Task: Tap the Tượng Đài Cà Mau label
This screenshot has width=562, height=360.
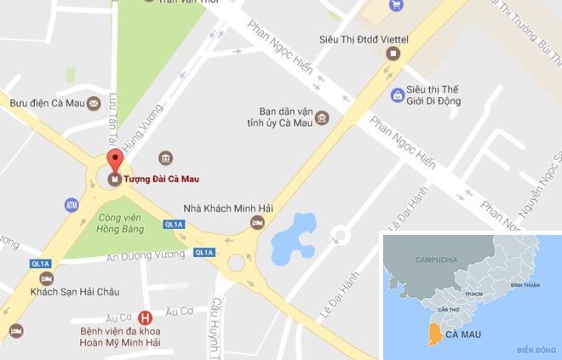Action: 162,180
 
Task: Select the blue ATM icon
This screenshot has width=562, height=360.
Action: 72,205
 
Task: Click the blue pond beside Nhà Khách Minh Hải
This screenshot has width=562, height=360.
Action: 293,238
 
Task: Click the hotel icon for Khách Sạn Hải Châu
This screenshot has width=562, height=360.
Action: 47,278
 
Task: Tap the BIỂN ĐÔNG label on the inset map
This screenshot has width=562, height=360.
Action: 534,351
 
